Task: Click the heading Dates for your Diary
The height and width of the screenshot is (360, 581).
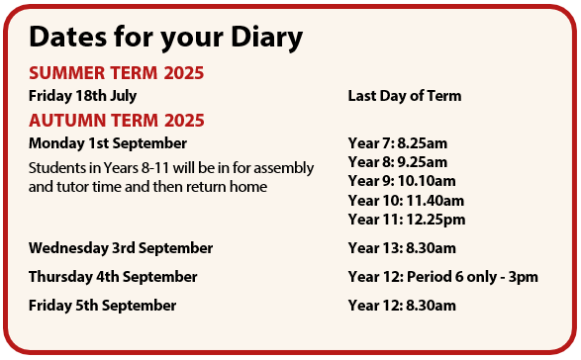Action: (x=165, y=38)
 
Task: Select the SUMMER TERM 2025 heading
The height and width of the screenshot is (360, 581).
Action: (x=116, y=73)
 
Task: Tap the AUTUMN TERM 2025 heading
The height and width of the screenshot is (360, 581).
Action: (x=116, y=121)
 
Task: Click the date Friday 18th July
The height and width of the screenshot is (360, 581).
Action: (x=82, y=96)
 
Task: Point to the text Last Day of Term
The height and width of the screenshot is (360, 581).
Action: (x=404, y=96)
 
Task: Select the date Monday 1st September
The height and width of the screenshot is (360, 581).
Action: (x=99, y=143)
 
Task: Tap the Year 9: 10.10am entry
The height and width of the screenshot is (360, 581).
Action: (x=401, y=181)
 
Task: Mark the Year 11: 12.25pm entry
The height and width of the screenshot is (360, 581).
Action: (x=406, y=219)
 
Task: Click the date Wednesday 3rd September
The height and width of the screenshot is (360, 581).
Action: (x=120, y=247)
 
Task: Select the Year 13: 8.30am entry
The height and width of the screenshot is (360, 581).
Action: (x=401, y=247)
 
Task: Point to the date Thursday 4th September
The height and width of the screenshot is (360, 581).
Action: (x=113, y=277)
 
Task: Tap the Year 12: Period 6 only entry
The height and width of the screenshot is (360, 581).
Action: (x=442, y=277)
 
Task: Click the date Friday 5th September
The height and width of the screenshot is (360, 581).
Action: (x=102, y=306)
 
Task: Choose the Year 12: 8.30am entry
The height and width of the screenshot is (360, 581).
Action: (x=401, y=306)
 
